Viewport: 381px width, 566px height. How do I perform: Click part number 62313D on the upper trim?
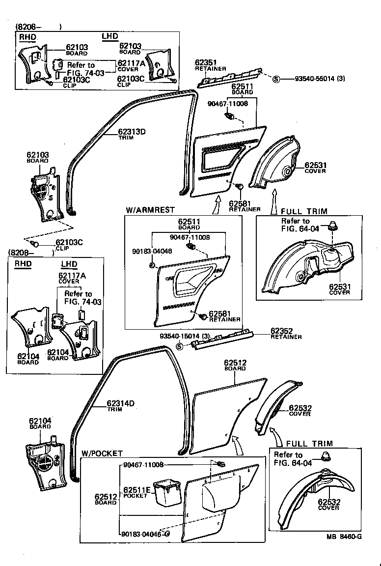tap(132, 131)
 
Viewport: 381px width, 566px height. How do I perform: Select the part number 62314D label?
tap(121, 404)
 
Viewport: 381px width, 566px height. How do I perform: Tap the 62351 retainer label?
tap(206, 62)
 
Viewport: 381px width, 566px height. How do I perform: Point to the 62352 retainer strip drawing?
tap(223, 340)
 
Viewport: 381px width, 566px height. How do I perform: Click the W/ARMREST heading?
tap(150, 209)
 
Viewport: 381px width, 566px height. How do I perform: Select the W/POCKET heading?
tap(102, 453)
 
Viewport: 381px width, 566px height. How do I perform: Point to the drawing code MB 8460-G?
tap(344, 537)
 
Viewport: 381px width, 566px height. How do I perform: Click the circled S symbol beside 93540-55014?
tap(276, 79)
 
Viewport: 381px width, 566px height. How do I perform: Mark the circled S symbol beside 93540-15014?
tap(179, 346)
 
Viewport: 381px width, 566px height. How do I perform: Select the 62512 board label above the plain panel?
tap(235, 363)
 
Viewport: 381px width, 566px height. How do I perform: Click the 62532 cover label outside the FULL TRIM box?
tap(299, 408)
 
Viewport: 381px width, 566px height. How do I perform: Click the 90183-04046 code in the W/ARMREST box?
tap(152, 251)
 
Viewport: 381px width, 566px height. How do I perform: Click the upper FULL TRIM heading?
tap(304, 211)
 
